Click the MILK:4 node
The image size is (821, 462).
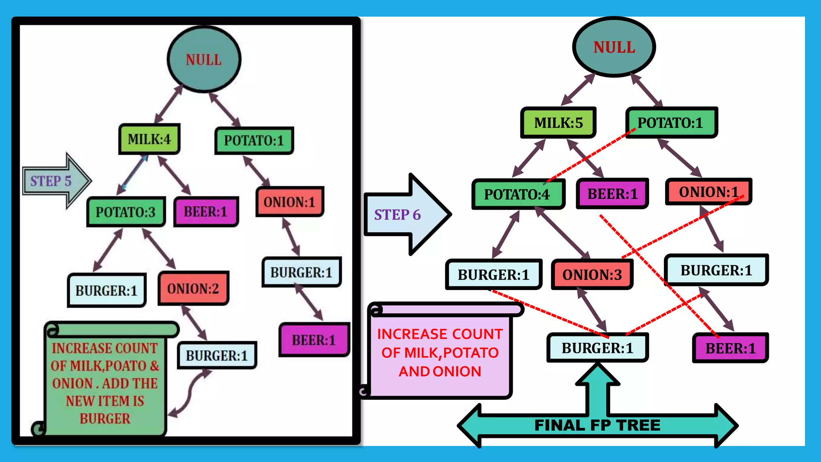149,139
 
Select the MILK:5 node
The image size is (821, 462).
558,123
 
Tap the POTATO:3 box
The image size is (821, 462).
125,212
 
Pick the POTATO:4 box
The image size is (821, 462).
517,195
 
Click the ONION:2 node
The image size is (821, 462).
193,288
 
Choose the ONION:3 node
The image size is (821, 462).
592,275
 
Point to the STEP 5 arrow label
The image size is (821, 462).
51,181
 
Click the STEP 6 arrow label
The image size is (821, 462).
397,215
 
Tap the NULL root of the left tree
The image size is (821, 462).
204,60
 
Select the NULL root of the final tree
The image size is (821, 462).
614,47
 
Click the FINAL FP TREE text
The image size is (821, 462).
597,425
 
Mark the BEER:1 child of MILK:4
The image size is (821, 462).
206,212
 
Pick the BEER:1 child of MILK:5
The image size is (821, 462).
612,194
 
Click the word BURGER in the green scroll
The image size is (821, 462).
105,419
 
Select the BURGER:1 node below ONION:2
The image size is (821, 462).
216,355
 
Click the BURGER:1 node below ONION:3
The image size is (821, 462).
597,348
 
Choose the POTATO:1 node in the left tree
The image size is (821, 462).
254,141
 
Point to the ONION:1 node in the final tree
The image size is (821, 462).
708,192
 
